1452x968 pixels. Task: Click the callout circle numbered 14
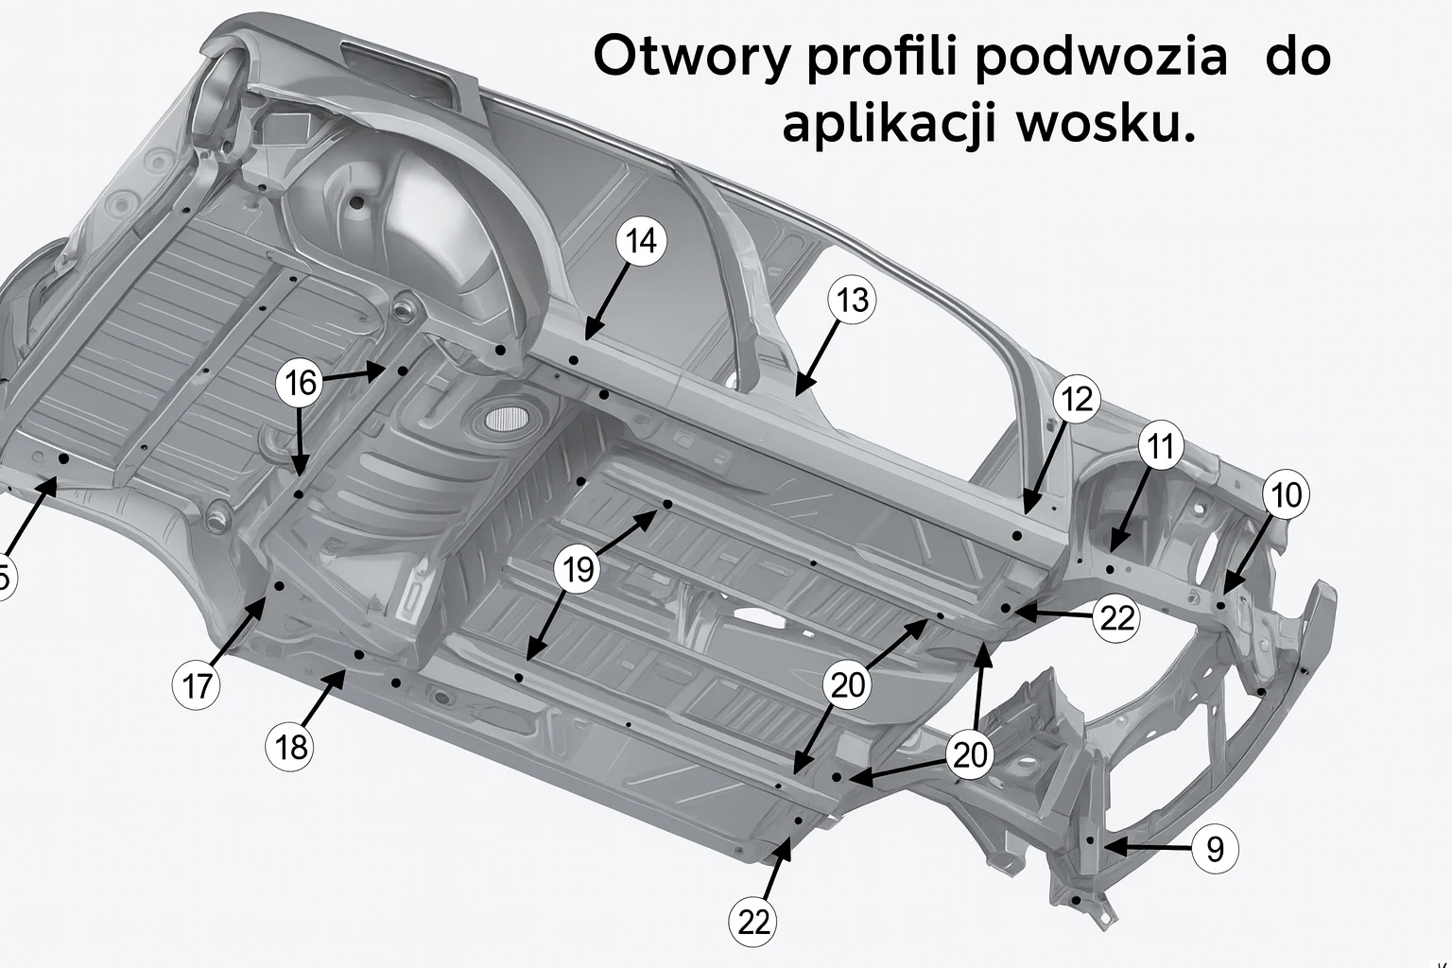641,241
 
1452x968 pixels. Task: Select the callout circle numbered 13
852,301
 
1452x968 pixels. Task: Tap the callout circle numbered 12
1077,399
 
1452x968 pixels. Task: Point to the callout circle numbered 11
1160,446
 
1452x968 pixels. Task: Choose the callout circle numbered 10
1286,495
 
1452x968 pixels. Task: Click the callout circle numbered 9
1215,849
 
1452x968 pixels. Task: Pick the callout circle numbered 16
300,383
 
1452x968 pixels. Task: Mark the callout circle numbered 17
197,685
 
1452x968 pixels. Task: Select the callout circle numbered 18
290,747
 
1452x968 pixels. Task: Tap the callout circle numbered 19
578,570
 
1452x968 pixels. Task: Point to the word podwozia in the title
1100,57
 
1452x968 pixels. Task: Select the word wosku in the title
1106,124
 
